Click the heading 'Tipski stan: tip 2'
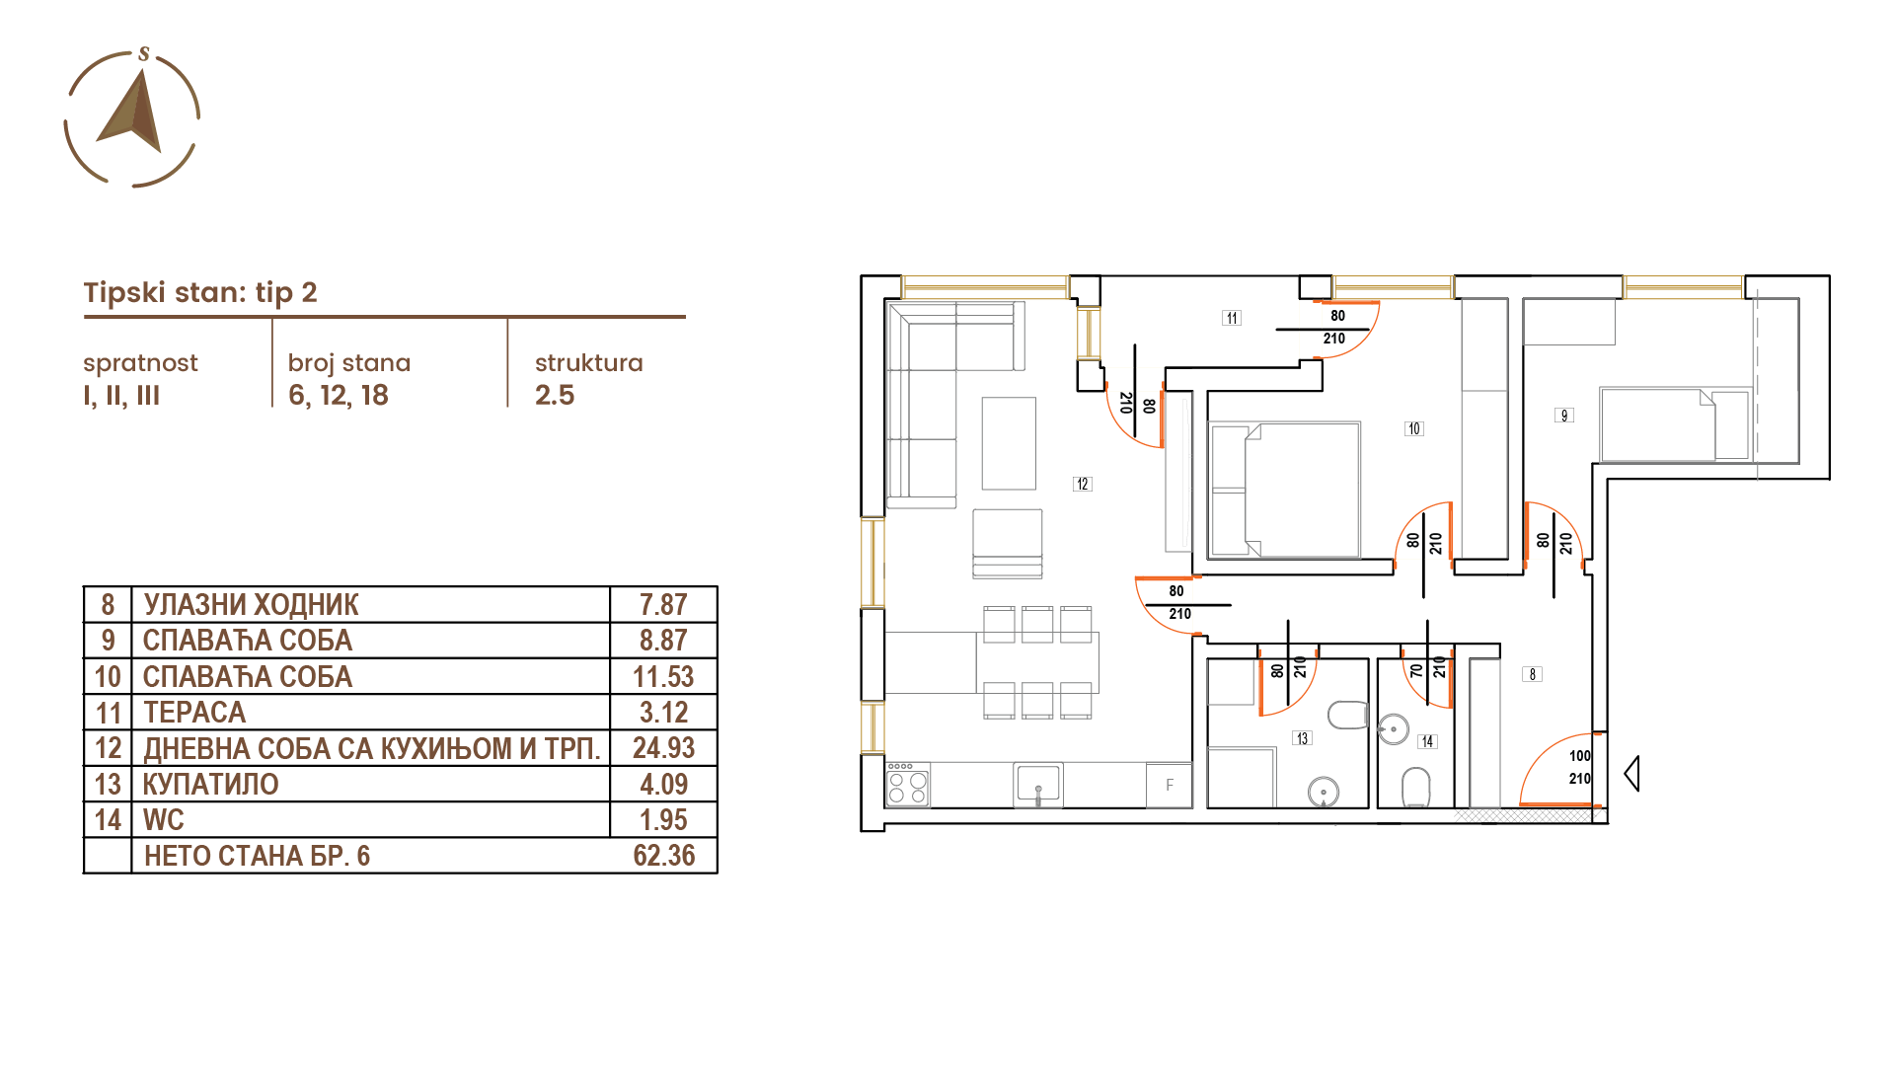tap(200, 292)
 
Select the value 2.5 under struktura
tap(555, 396)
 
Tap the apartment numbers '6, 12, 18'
tap(339, 396)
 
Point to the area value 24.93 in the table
tap(664, 748)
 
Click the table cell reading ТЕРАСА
tap(194, 712)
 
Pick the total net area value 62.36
tap(664, 856)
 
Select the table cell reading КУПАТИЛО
tap(211, 784)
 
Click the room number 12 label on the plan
tap(1083, 484)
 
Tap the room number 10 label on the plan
tap(1414, 428)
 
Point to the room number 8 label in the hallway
tap(1533, 674)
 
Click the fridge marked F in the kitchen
tap(1170, 786)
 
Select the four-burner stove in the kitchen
tap(907, 786)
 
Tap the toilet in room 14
tap(1416, 788)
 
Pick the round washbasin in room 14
tap(1394, 729)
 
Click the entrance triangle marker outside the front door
tap(1631, 773)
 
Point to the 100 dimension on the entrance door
tap(1580, 756)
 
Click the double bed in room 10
tap(1285, 490)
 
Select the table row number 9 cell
tap(108, 641)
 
